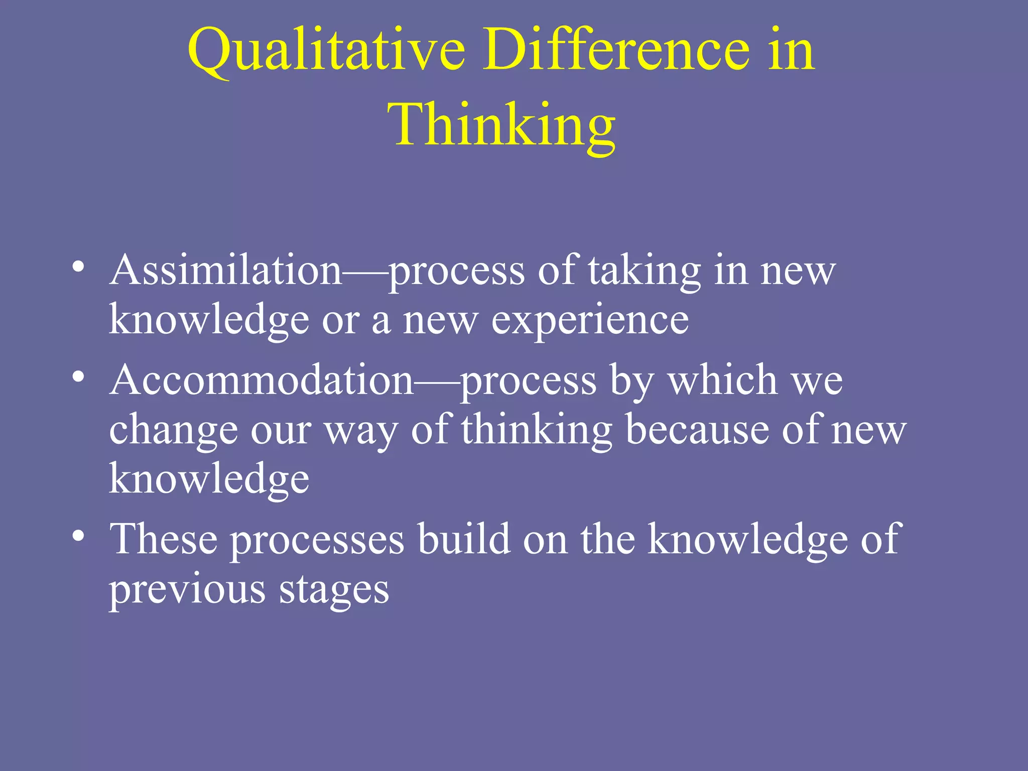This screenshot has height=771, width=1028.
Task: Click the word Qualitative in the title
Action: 326,50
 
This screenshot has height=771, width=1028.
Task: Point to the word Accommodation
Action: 262,380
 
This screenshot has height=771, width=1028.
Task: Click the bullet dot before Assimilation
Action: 78,266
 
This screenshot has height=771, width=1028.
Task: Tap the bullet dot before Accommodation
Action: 78,376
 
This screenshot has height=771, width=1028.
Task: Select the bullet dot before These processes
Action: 78,535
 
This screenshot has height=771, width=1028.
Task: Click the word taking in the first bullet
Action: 645,271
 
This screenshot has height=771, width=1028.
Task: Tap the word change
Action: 173,431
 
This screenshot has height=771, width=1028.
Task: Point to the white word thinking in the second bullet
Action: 537,430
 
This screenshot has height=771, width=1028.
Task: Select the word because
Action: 697,430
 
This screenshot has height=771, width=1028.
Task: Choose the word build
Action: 464,539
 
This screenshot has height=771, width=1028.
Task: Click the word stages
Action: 334,590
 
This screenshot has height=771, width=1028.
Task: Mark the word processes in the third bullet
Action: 318,540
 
